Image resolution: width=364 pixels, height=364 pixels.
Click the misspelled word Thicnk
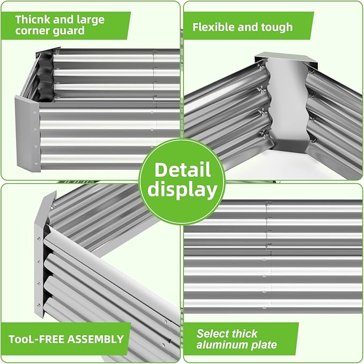33,19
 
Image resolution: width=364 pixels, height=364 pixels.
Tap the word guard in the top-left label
69,31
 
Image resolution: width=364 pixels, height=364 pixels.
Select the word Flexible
213,27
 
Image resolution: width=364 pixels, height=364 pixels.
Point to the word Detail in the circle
182,170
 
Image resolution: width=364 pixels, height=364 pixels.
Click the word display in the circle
182,189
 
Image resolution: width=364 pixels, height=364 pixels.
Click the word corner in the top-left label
33,31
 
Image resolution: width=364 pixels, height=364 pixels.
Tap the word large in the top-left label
90,19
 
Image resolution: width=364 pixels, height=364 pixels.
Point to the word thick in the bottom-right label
244,333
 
